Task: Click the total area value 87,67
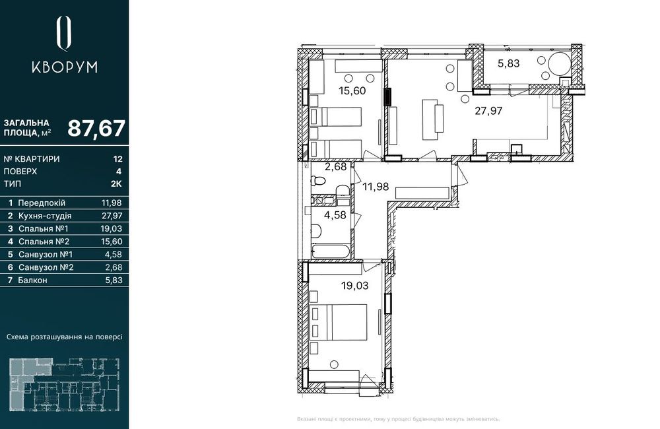tap(96, 129)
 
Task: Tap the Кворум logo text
tap(65, 67)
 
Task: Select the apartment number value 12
tap(118, 159)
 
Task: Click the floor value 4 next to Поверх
tap(119, 172)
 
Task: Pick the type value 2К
tap(117, 184)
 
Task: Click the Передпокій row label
tap(42, 203)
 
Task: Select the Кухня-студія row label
tap(45, 216)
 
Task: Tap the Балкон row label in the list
tap(32, 280)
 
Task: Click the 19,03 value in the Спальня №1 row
tap(112, 228)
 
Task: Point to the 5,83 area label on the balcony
tap(508, 63)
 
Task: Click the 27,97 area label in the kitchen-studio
tap(488, 111)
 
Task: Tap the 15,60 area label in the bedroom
tap(352, 90)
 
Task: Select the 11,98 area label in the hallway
tap(376, 187)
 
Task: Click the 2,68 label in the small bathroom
tap(335, 167)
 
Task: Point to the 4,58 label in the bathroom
tap(335, 215)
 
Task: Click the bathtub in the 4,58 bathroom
tap(331, 251)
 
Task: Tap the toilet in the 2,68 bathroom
tap(318, 181)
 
